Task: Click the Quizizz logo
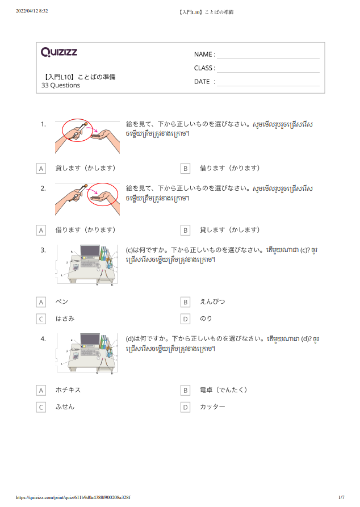coord(59,53)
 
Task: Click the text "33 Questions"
coord(61,86)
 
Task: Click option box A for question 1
coord(41,169)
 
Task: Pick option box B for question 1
coord(185,169)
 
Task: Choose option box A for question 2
coord(41,231)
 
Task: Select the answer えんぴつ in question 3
coord(212,301)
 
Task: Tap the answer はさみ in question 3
coord(65,319)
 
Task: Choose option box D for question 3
coord(185,319)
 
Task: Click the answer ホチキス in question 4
coord(68,390)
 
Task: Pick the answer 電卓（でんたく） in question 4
coord(224,390)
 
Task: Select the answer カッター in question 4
coord(212,407)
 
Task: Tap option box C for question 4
coord(41,408)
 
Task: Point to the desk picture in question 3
coord(87,265)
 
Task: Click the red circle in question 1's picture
coord(77,131)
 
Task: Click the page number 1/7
coord(341,497)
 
